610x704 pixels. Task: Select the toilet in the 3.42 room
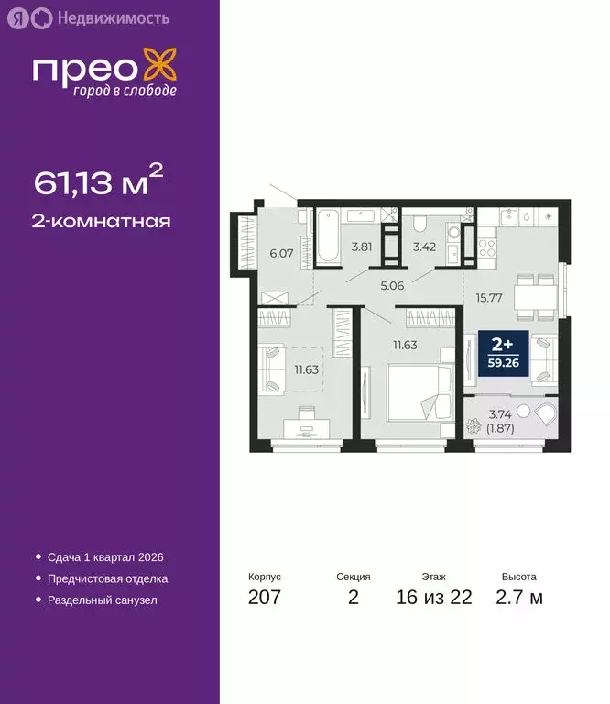[419, 225]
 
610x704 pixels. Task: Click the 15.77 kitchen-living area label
[488, 297]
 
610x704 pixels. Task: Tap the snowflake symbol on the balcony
[475, 429]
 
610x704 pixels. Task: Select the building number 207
[265, 598]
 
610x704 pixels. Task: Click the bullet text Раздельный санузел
[101, 600]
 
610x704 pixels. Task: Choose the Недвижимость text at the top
[100, 17]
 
